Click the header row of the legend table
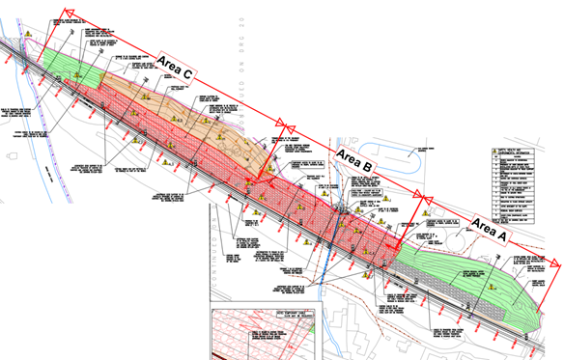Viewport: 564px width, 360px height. (x=521, y=152)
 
